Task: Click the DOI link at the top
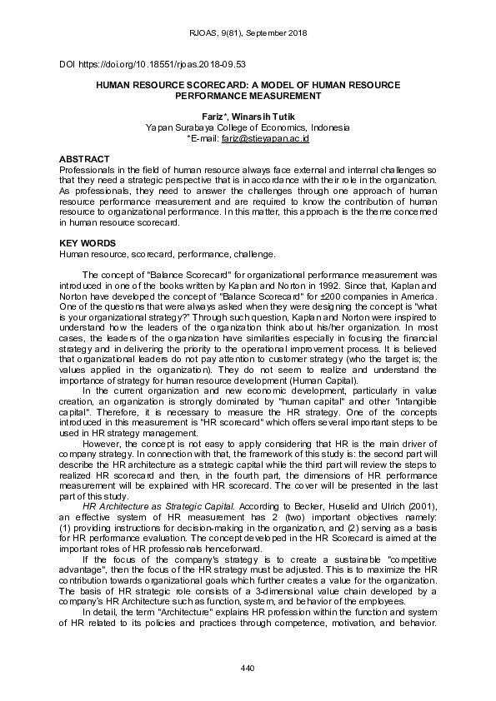(152, 63)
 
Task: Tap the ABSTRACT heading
(84, 158)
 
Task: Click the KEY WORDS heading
(87, 242)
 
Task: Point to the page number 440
(248, 669)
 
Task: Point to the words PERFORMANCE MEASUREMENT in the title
(248, 96)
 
